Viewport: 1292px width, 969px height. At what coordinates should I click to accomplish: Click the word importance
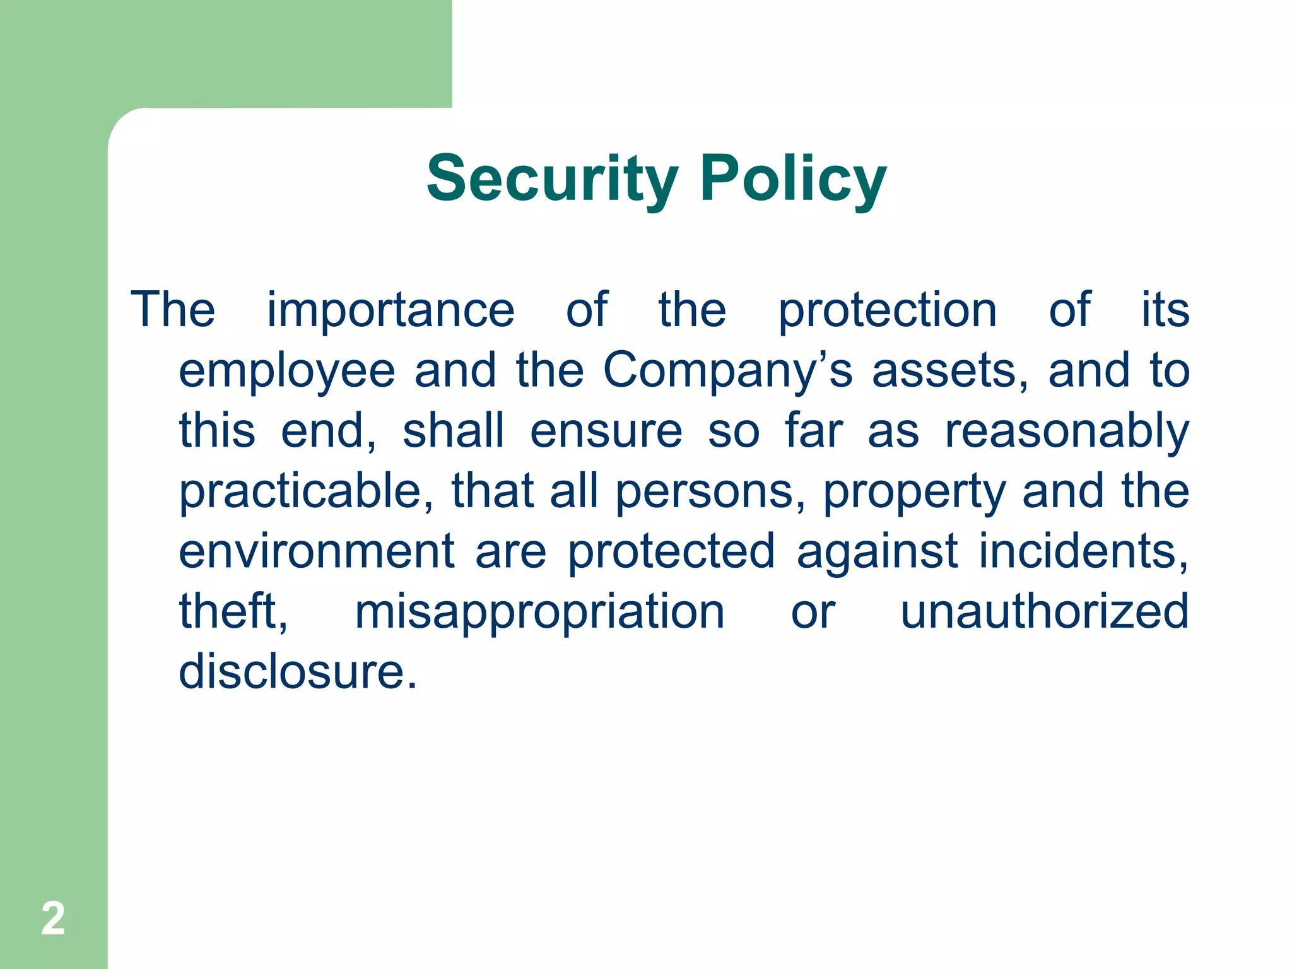click(391, 310)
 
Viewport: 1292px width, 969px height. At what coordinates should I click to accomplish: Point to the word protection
click(887, 310)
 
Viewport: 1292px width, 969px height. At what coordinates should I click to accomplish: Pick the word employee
click(287, 371)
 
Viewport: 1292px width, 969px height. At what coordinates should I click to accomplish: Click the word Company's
click(727, 371)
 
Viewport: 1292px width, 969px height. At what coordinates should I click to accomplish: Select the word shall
click(454, 431)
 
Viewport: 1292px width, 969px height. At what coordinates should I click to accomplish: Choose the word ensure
click(606, 431)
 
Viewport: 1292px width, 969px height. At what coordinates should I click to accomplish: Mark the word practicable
click(306, 491)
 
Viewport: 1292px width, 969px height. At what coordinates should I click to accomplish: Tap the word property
click(914, 493)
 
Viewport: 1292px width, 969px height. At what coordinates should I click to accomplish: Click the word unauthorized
click(1044, 611)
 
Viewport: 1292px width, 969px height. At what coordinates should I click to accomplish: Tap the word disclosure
click(297, 671)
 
